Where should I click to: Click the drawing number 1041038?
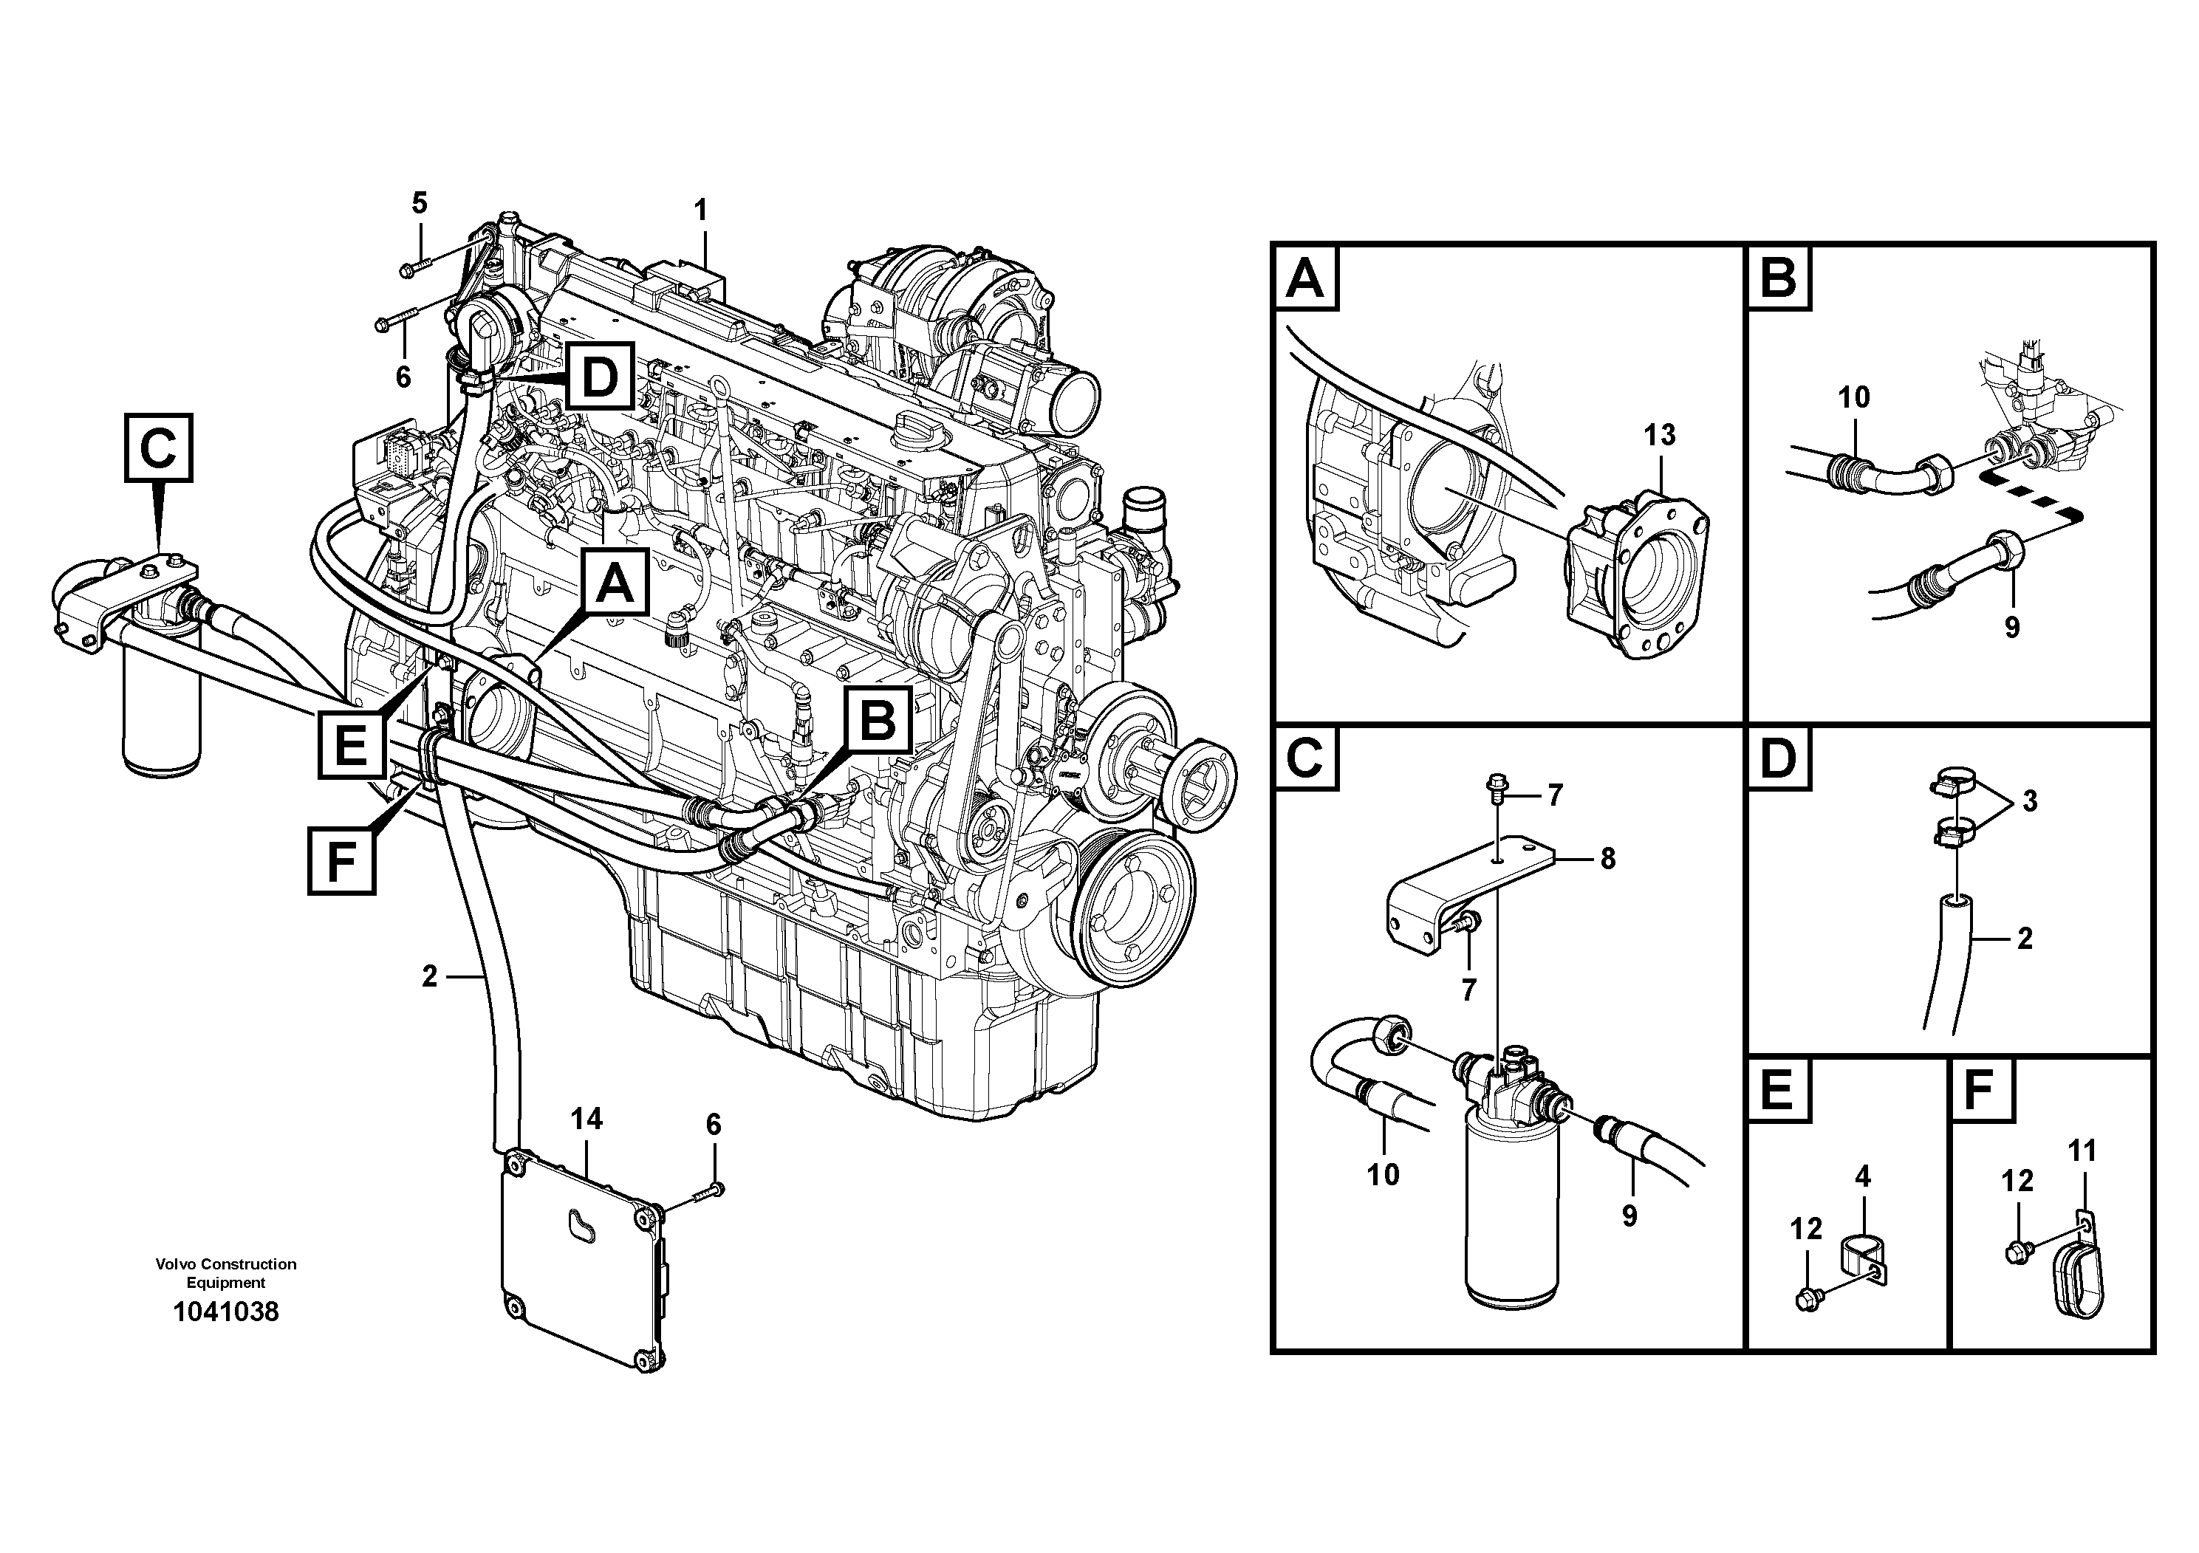(226, 1311)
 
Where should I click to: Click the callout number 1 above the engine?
(701, 210)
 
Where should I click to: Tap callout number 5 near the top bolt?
(420, 203)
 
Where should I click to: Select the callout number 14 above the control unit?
(586, 1118)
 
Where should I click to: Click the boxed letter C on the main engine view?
(159, 447)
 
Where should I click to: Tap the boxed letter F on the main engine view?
(341, 862)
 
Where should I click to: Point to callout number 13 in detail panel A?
(1660, 436)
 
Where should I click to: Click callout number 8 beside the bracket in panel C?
(1607, 860)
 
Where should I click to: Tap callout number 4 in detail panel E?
(1862, 1176)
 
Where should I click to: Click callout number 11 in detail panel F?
(2083, 1151)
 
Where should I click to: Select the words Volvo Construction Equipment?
(226, 1273)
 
